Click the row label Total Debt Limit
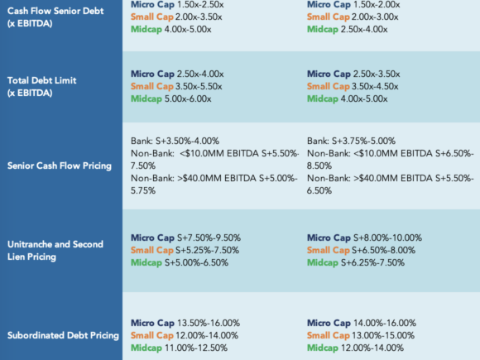[42, 80]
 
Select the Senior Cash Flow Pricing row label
[60, 166]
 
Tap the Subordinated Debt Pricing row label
[63, 335]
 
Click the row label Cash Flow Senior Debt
[55, 11]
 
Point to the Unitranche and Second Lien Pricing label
[55, 251]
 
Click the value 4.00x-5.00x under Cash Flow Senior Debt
[188, 30]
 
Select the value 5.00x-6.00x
[188, 98]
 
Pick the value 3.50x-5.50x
[199, 86]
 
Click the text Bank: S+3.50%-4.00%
[175, 141]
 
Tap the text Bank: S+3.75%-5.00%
[352, 141]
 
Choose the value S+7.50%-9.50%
[209, 238]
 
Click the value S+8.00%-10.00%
[387, 238]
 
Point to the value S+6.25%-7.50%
[373, 262]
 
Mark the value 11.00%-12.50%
[196, 348]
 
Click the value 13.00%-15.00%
[383, 335]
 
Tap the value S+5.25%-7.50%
[207, 251]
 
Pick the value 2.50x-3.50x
[377, 74]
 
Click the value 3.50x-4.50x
[375, 86]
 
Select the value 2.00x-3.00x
[375, 17]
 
